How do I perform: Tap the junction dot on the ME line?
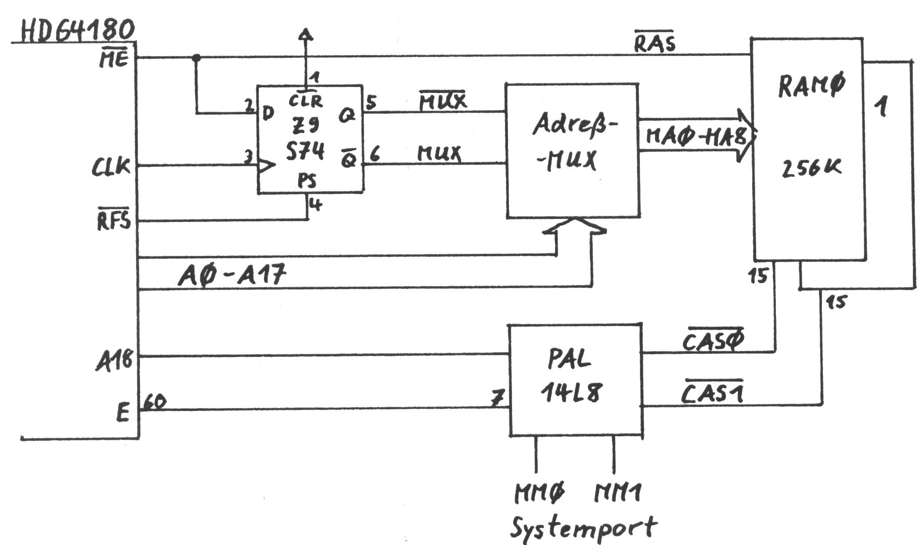[197, 58]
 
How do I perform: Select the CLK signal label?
[111, 166]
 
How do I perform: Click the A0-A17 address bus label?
[232, 276]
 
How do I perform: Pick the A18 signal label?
[114, 361]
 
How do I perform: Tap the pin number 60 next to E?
[154, 402]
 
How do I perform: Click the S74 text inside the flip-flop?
[304, 151]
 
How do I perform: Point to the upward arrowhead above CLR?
[305, 35]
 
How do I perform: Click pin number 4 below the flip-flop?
[315, 205]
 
